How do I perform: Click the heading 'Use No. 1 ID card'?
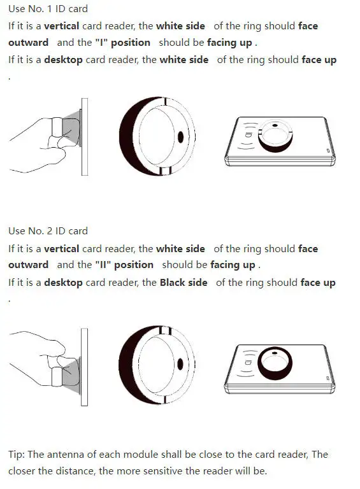click(x=48, y=9)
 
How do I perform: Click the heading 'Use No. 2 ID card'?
click(x=48, y=231)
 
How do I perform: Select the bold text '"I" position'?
click(x=122, y=43)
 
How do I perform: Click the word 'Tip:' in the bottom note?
click(x=17, y=455)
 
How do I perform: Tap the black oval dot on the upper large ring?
click(x=180, y=138)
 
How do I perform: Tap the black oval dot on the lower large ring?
click(x=180, y=364)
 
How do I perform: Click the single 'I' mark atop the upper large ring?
click(x=165, y=102)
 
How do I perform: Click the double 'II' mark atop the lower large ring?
click(x=165, y=330)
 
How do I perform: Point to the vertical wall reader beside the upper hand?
click(x=85, y=137)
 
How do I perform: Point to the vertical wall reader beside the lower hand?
click(x=84, y=367)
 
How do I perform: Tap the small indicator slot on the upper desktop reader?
click(x=328, y=151)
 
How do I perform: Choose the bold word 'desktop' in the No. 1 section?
click(x=63, y=60)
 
